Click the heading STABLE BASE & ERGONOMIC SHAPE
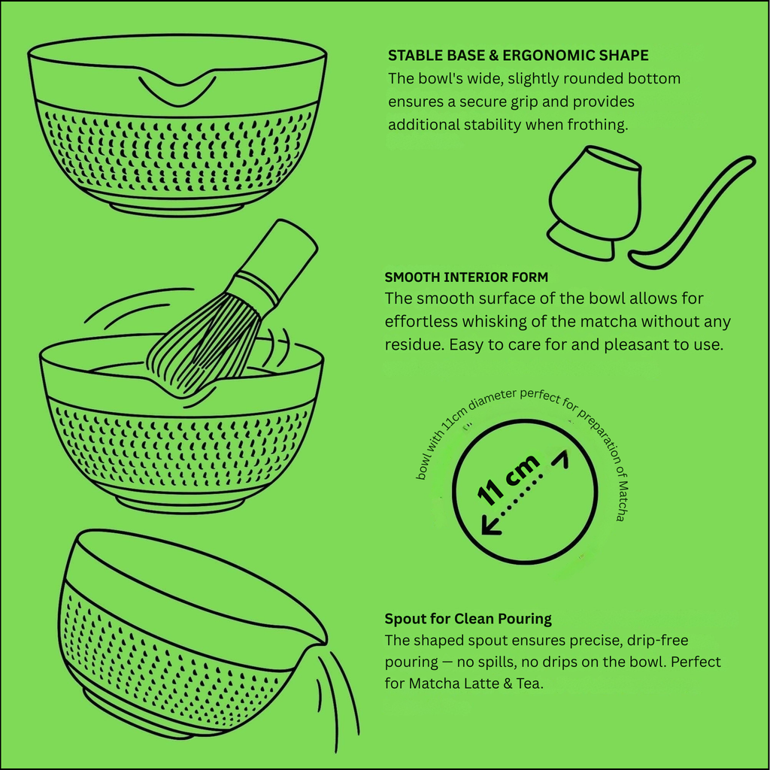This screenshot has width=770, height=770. pos(518,56)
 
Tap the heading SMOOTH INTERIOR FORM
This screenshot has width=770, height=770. pos(466,277)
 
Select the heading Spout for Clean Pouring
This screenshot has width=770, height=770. pos(468,619)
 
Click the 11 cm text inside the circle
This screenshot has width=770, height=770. pos(509,479)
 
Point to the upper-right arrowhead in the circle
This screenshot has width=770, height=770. pos(560,459)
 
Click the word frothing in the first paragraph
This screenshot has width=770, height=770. pos(598,125)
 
